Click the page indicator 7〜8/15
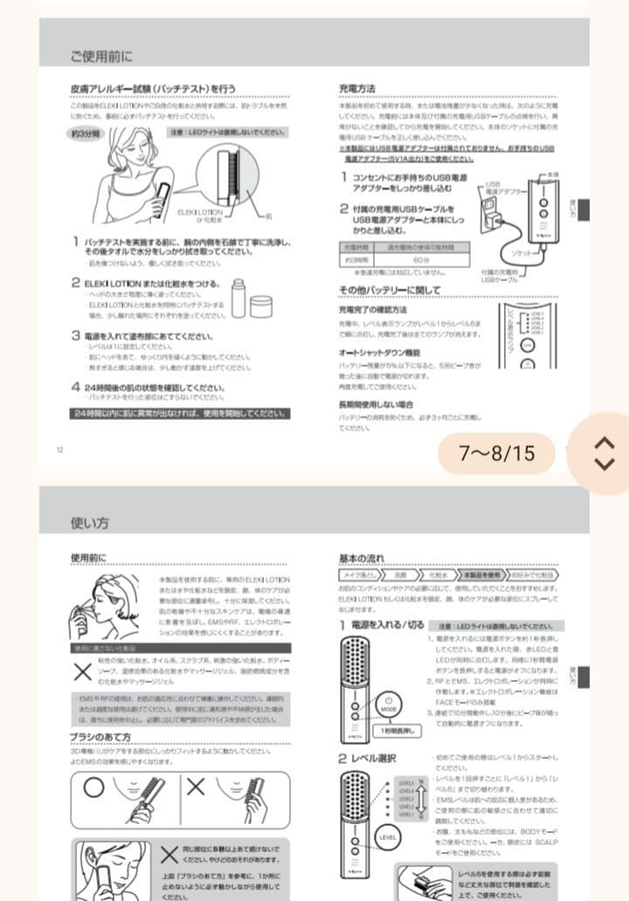pyautogui.click(x=496, y=453)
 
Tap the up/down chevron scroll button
pyautogui.click(x=604, y=452)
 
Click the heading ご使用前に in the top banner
pyautogui.click(x=101, y=57)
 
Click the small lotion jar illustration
pyautogui.click(x=261, y=306)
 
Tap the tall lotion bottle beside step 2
pyautogui.click(x=238, y=298)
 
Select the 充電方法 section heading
pyautogui.click(x=357, y=88)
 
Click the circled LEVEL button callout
pyautogui.click(x=390, y=836)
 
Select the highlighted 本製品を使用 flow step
pyautogui.click(x=482, y=575)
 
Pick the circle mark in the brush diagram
pyautogui.click(x=93, y=785)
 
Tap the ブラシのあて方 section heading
pyautogui.click(x=100, y=737)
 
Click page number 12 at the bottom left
pyautogui.click(x=60, y=450)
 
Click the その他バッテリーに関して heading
pyautogui.click(x=391, y=290)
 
